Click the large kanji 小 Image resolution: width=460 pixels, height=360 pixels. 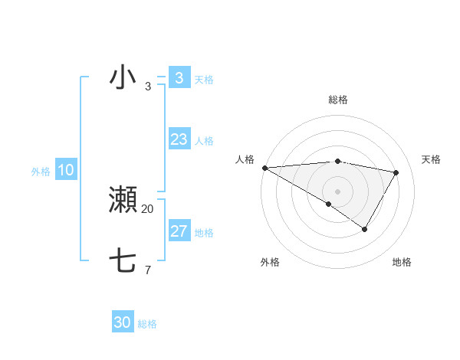123,78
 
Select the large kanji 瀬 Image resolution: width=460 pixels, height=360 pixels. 123,200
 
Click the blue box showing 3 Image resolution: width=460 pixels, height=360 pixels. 179,78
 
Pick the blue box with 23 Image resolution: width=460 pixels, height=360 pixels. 179,139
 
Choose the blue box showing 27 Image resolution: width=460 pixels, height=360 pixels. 179,231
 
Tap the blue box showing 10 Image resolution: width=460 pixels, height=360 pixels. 65,170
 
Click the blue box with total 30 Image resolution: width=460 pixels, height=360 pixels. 123,323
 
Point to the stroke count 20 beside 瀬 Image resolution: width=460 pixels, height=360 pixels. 148,208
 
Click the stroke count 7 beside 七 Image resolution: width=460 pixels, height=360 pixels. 148,270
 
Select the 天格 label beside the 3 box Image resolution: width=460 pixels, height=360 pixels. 204,80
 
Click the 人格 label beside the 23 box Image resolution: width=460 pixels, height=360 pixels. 204,141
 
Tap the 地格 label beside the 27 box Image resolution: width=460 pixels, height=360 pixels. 204,233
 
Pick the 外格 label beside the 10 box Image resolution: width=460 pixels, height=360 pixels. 41,172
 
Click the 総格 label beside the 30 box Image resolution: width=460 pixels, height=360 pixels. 147,325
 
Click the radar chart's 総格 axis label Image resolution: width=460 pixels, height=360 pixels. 337,100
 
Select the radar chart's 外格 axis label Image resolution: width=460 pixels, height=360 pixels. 270,262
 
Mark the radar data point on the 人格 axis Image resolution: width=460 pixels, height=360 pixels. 264,167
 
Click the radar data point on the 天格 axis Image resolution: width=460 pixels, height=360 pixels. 396,172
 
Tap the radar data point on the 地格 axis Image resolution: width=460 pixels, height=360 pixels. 365,229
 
